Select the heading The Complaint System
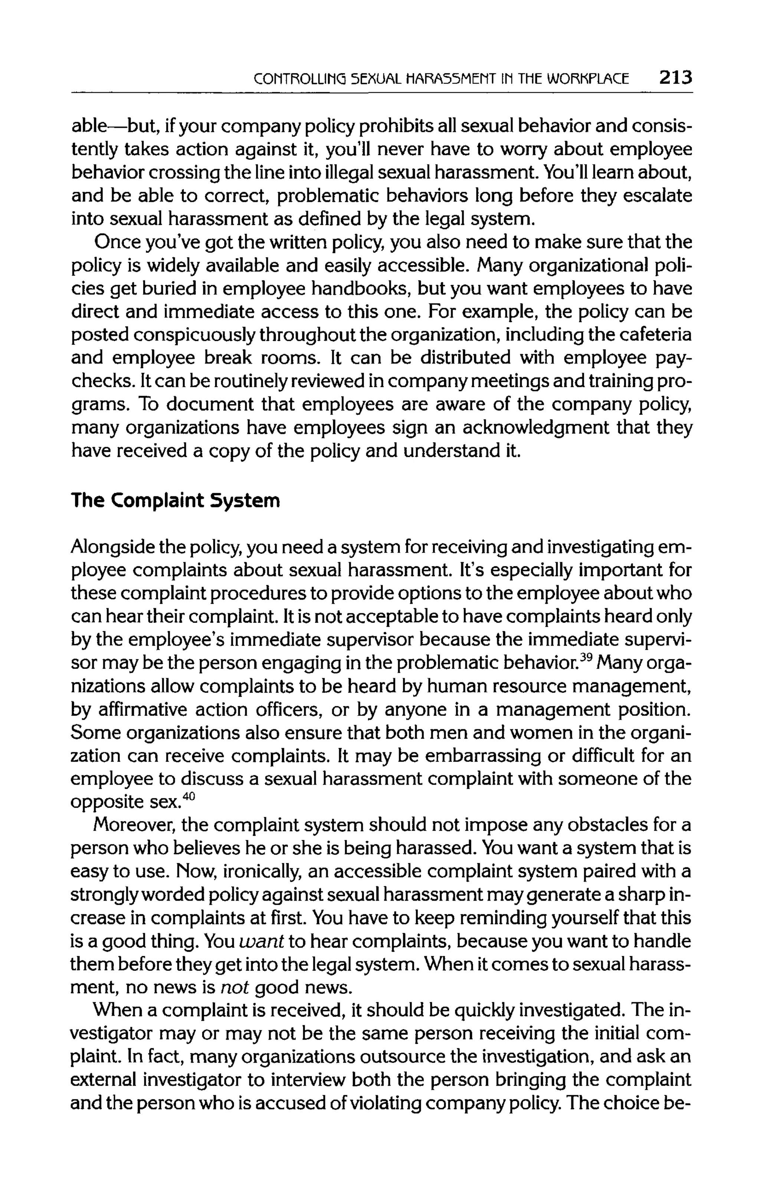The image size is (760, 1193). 176,500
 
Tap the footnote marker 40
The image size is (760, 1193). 189,797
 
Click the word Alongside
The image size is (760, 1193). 112,547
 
